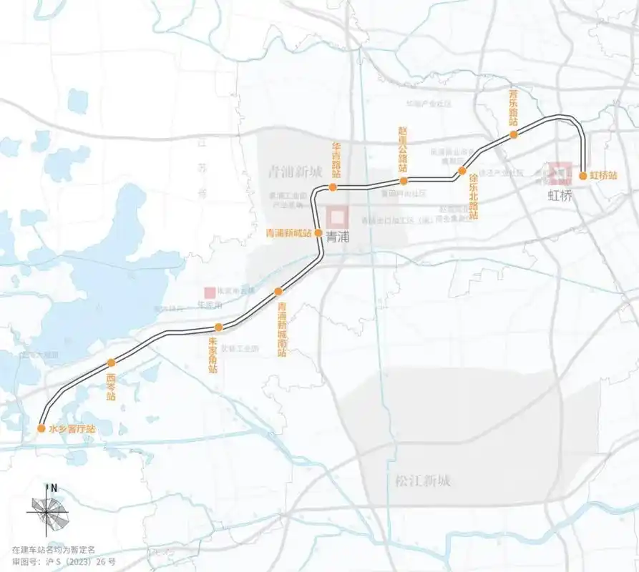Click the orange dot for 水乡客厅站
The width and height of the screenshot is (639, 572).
point(42,428)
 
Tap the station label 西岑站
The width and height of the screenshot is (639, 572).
point(110,386)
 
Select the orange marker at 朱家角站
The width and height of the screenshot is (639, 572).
point(219,327)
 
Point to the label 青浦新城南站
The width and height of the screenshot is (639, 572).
point(282,329)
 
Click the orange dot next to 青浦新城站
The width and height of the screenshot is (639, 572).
point(318,232)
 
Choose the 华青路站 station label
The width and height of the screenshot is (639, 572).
point(336,160)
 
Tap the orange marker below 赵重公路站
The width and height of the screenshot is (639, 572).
point(404,181)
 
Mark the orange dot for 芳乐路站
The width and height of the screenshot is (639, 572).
point(513,134)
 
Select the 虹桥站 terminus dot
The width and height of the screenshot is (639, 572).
point(583,174)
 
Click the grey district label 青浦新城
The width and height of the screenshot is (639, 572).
point(294,172)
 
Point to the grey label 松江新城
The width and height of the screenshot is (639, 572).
point(423,480)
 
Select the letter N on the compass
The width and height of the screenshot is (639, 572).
point(54,488)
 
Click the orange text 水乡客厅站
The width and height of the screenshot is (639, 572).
point(72,429)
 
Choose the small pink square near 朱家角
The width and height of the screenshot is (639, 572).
point(209,292)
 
